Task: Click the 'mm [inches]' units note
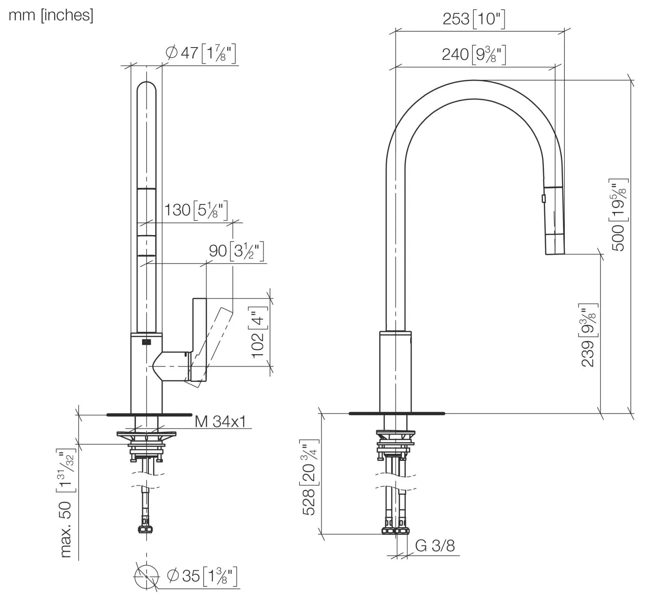[51, 15]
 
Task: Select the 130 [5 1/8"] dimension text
[196, 210]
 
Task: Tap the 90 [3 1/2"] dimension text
[236, 251]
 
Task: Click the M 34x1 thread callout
[220, 421]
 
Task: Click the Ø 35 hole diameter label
[202, 576]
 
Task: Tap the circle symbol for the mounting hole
[146, 576]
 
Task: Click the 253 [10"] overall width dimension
[474, 19]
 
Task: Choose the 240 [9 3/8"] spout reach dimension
[474, 54]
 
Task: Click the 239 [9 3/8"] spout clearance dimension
[589, 336]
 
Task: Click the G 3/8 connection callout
[435, 546]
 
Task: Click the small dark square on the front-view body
[146, 342]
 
